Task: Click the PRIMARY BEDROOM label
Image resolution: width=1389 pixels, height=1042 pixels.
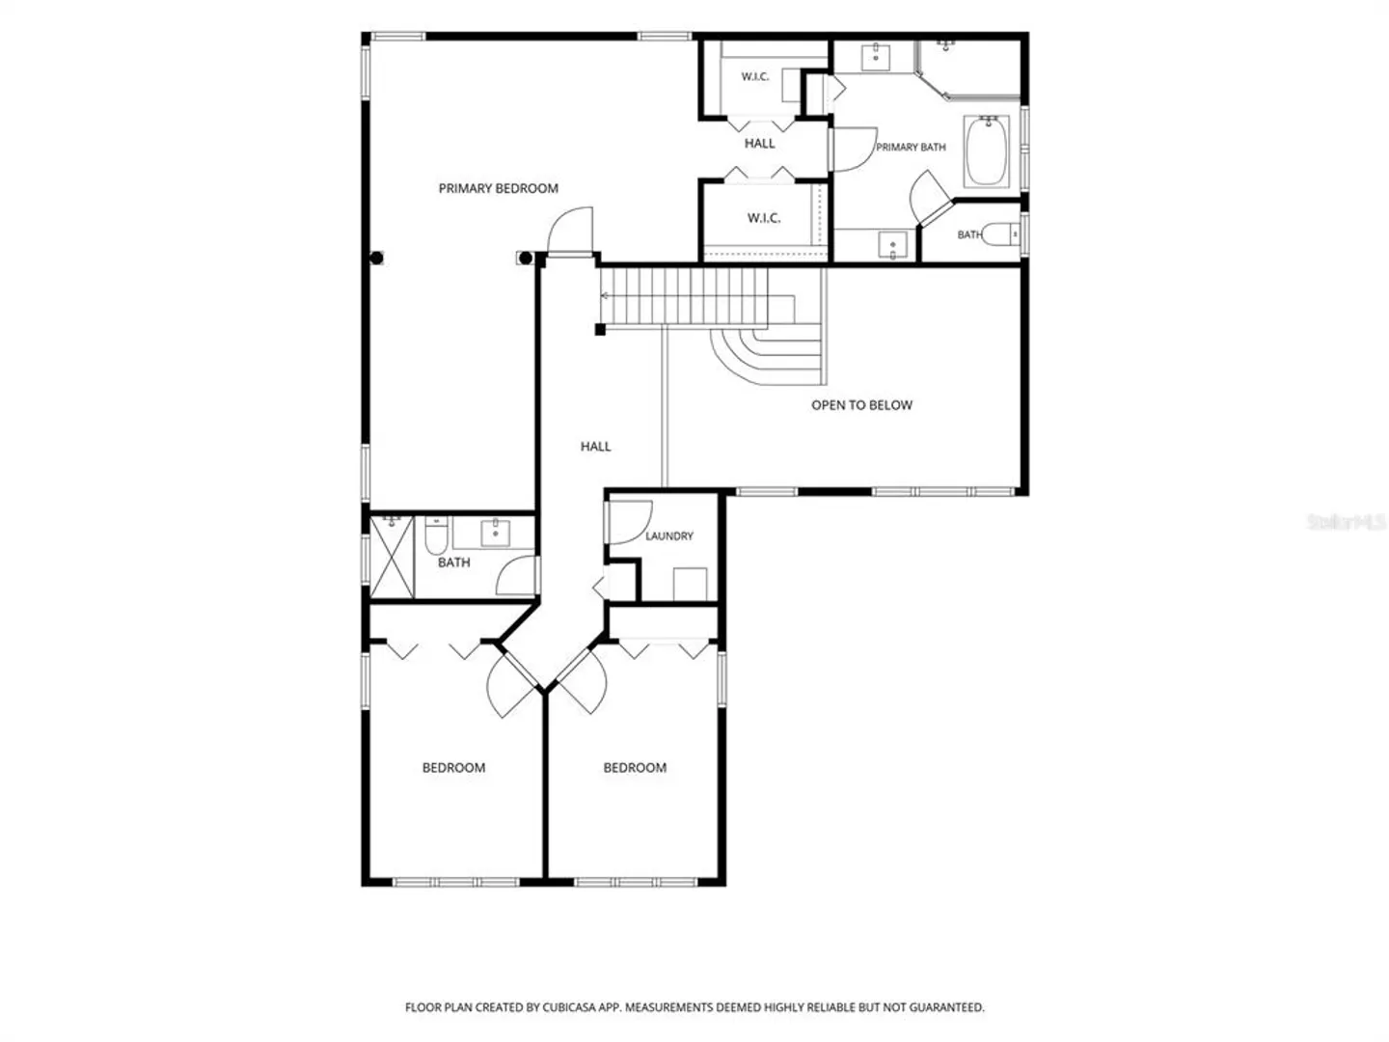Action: click(x=498, y=188)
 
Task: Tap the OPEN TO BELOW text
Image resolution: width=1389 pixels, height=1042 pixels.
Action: click(x=862, y=405)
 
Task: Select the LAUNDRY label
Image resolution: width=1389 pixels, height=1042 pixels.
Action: click(x=669, y=535)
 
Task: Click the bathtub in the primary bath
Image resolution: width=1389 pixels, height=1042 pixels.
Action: click(x=987, y=151)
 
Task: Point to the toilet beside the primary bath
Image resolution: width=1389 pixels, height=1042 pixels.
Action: click(x=1002, y=233)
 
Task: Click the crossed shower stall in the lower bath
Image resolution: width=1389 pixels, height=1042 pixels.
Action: click(x=392, y=557)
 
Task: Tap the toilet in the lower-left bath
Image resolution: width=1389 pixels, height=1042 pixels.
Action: click(x=436, y=535)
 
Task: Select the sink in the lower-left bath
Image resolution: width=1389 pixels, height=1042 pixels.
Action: click(x=495, y=533)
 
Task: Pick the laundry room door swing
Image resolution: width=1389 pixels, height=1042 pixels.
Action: click(x=629, y=523)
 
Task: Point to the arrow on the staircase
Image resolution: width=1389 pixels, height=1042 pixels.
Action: click(x=605, y=295)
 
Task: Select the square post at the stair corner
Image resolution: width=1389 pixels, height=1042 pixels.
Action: click(x=600, y=329)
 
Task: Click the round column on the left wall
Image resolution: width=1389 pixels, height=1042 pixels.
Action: click(x=376, y=258)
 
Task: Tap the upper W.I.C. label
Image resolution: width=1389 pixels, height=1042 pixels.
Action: click(x=755, y=77)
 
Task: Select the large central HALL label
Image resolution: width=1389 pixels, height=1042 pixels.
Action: click(x=595, y=447)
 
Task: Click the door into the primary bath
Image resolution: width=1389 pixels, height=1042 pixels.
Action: click(x=854, y=150)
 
